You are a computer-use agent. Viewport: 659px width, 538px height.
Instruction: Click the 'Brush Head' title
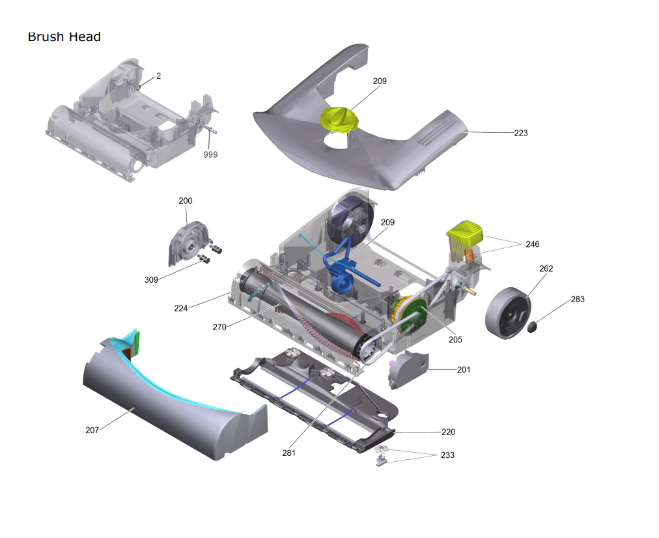(x=64, y=37)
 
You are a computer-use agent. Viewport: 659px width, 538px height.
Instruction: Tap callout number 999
(x=210, y=154)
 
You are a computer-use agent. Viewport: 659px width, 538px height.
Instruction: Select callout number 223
(x=521, y=133)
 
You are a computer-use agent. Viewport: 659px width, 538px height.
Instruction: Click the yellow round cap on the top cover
(x=339, y=119)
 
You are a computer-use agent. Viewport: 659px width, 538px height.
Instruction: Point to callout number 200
(x=186, y=201)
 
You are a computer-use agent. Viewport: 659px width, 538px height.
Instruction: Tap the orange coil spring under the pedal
(x=469, y=255)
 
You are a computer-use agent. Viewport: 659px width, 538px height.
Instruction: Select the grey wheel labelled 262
(x=508, y=313)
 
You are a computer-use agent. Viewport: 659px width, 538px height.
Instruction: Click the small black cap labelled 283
(x=533, y=326)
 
